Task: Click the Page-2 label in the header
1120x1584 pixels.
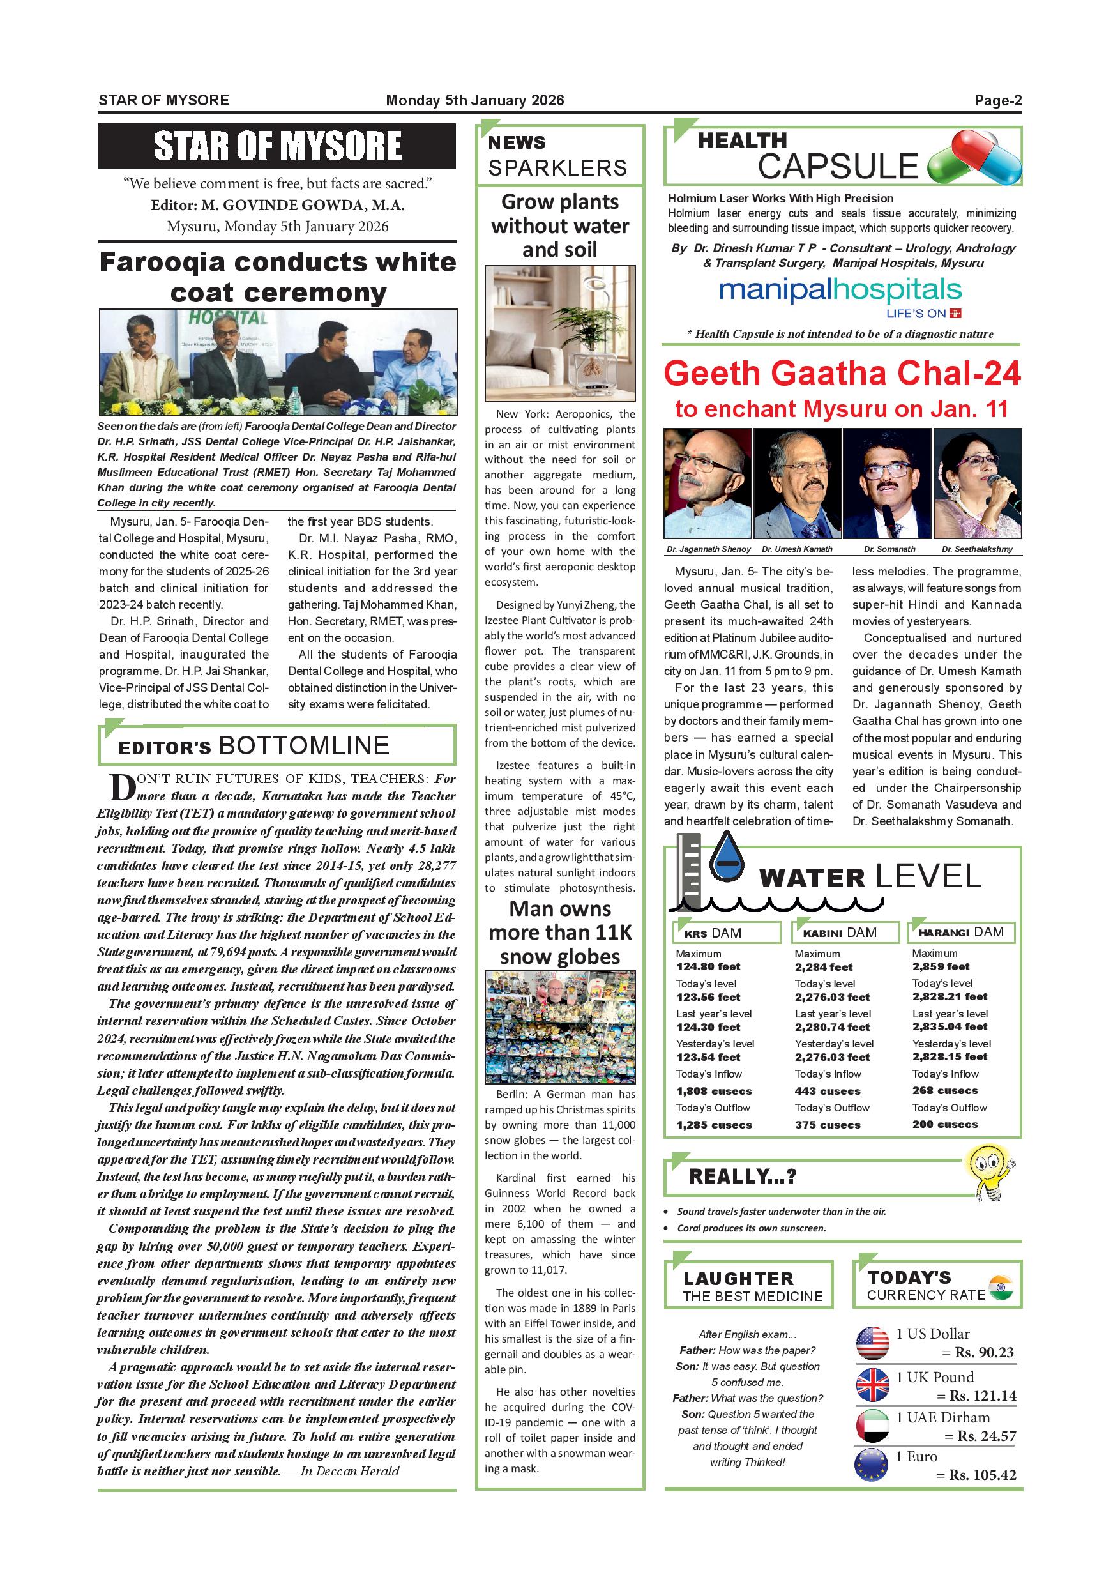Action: point(997,101)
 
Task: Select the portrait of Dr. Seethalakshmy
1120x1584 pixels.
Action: point(976,482)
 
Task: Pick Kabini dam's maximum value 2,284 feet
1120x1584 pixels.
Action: point(824,967)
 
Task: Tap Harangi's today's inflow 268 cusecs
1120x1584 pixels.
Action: point(945,1091)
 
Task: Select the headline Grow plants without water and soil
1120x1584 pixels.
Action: point(559,225)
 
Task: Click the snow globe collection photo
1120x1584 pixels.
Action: point(559,1026)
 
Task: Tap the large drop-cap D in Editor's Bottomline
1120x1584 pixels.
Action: point(121,788)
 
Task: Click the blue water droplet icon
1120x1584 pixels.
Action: point(727,858)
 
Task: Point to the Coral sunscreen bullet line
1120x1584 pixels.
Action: point(751,1228)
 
